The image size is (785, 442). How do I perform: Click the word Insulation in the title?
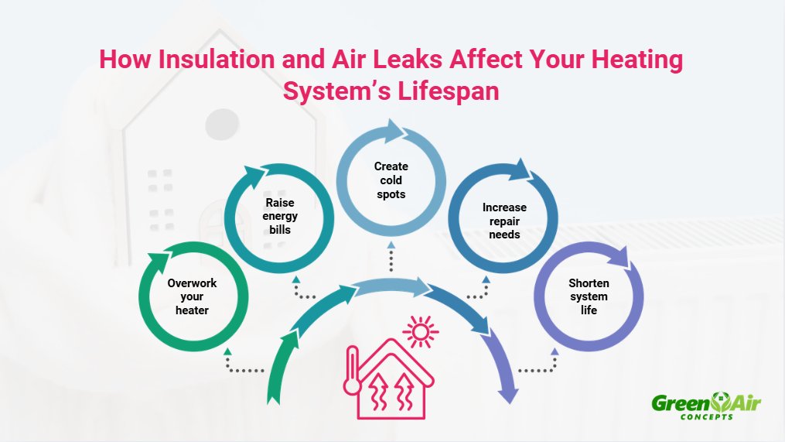pos(206,61)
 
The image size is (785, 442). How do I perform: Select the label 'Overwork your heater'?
pos(193,296)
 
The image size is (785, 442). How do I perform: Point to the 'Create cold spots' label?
pos(391,180)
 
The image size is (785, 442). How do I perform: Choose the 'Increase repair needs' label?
pos(504,220)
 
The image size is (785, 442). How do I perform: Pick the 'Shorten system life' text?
pos(588,296)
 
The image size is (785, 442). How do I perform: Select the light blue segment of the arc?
pos(391,287)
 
